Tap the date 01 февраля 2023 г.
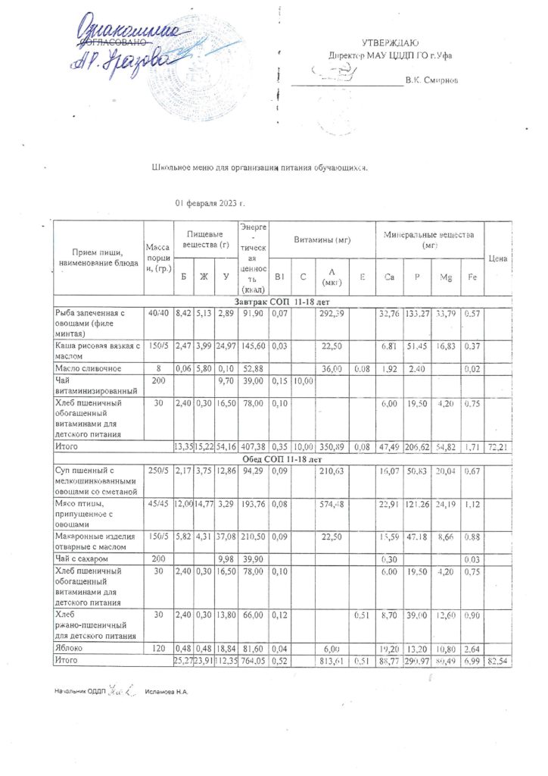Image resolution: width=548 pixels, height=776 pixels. click(210, 204)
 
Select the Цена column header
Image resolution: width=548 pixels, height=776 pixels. click(497, 258)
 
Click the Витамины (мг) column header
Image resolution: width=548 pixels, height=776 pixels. click(323, 239)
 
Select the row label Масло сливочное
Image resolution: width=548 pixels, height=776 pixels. click(86, 368)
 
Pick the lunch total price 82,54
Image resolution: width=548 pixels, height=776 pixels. click(497, 662)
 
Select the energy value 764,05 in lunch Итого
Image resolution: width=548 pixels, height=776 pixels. click(253, 662)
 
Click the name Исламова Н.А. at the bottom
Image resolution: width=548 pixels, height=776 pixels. click(167, 692)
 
